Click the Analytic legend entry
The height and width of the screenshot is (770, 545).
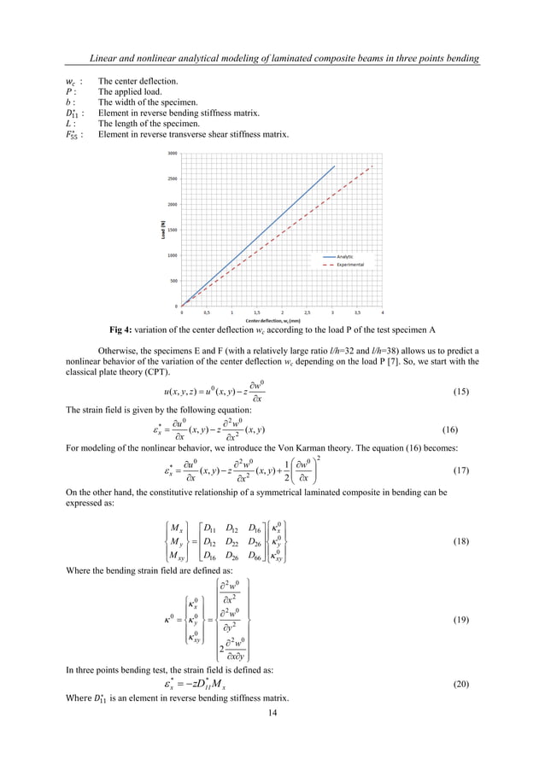pyautogui.click(x=345, y=256)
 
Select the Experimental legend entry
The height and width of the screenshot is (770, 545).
pyautogui.click(x=350, y=265)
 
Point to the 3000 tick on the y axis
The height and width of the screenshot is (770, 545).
pyautogui.click(x=173, y=154)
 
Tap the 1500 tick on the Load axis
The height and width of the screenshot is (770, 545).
pyautogui.click(x=173, y=230)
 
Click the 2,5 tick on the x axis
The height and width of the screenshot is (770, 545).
pyautogui.click(x=308, y=313)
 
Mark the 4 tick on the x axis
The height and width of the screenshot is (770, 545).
pyautogui.click(x=383, y=313)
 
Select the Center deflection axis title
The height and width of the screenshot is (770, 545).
pyautogui.click(x=281, y=320)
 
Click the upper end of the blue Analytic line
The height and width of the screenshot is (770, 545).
pyautogui.click(x=334, y=166)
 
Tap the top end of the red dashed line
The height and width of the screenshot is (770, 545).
pyautogui.click(x=373, y=166)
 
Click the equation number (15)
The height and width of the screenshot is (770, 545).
pyautogui.click(x=457, y=391)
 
